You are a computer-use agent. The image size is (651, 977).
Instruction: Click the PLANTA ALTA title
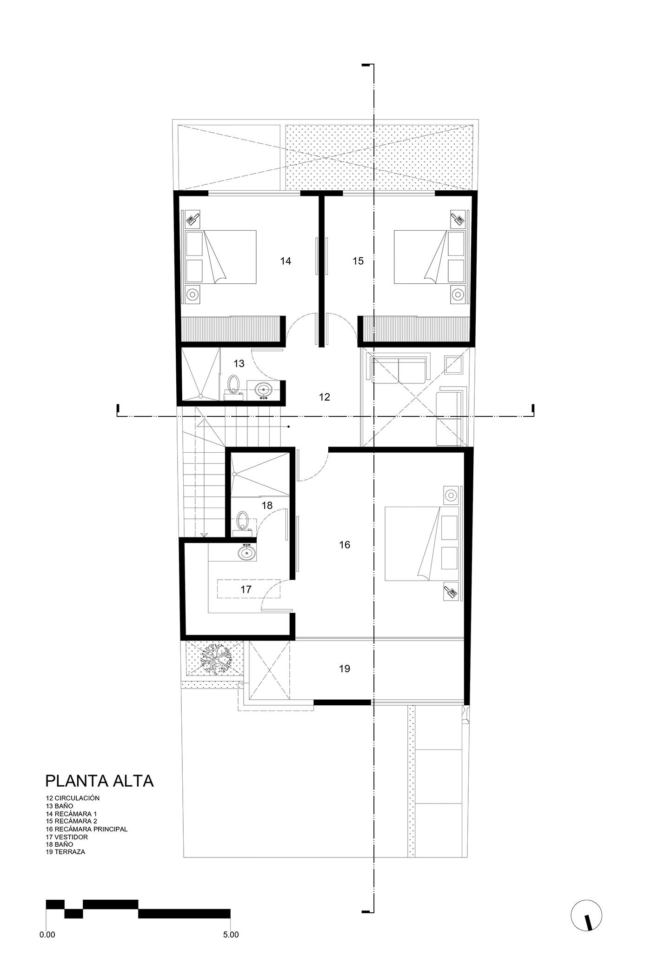coord(99,780)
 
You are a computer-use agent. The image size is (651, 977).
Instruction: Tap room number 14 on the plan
coord(286,261)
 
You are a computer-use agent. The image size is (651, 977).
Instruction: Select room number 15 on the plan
coord(358,261)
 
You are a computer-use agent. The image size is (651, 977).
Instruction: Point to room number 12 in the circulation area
coord(324,397)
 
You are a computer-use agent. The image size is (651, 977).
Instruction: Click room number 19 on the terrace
coord(344,669)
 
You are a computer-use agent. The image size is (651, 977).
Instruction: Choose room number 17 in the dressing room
coord(246,589)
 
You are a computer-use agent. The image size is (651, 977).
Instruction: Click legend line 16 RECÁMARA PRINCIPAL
coord(86,829)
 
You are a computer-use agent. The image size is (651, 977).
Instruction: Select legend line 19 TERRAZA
coord(66,852)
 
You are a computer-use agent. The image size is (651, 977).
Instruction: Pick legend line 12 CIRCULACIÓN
coord(73,797)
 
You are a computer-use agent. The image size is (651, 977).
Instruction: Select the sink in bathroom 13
coord(264,390)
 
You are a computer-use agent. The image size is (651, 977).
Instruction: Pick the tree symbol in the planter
coord(214,657)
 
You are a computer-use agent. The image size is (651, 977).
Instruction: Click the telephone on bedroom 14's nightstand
coord(193,218)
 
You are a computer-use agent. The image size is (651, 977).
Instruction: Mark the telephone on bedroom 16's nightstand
coord(451,592)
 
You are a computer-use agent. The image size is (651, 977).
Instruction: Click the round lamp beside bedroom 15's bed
coord(458,294)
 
